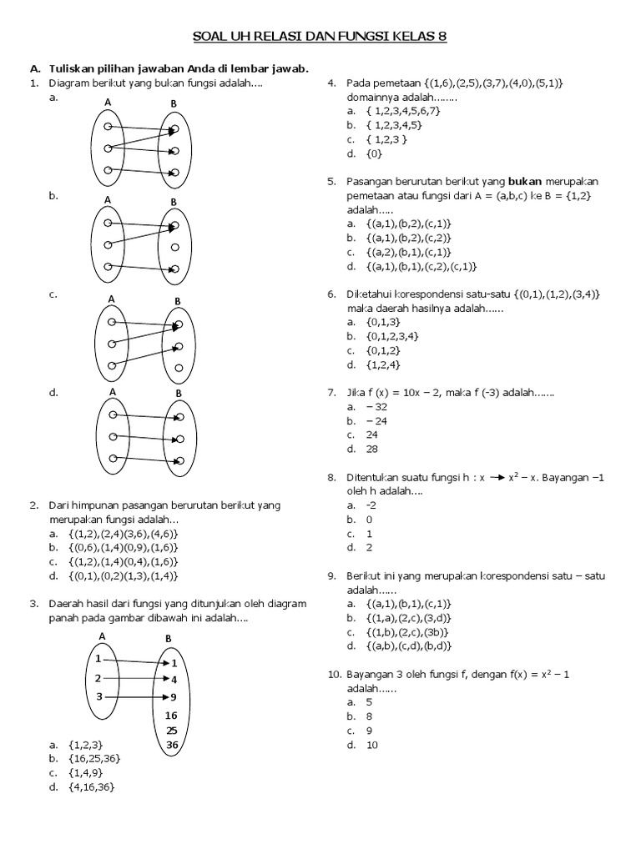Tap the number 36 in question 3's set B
tap(172, 745)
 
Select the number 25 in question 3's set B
tap(172, 730)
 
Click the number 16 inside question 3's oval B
tap(171, 715)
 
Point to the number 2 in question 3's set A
tap(98, 678)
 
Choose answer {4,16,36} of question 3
tap(91, 786)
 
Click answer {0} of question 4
tap(374, 153)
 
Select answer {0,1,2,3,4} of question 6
tap(391, 335)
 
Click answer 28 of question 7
tap(371, 449)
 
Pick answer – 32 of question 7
tap(376, 406)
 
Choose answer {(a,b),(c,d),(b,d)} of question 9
tap(408, 646)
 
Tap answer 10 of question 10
tap(371, 745)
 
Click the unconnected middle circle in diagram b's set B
tap(174, 247)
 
